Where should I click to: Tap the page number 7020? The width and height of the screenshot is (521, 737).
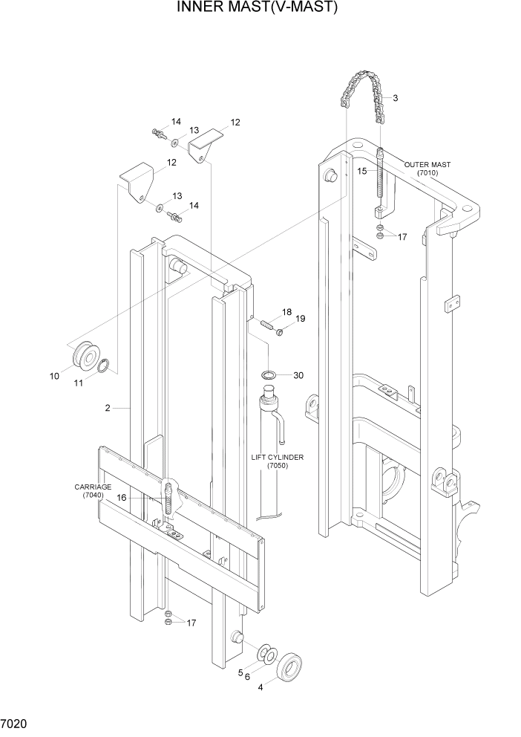[x=16, y=723]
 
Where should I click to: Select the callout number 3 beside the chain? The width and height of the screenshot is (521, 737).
[x=396, y=98]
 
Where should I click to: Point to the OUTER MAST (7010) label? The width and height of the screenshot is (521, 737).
[x=427, y=169]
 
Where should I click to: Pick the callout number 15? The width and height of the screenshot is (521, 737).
[x=362, y=171]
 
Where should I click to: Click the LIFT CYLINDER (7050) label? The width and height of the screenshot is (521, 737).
[x=278, y=461]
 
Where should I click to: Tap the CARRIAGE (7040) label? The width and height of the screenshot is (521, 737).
[x=93, y=491]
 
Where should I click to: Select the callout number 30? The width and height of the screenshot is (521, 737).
[x=298, y=375]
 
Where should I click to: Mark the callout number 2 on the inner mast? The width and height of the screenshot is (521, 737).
[x=108, y=408]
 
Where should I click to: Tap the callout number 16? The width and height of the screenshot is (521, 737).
[x=122, y=499]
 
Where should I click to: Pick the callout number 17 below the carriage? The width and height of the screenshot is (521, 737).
[x=191, y=623]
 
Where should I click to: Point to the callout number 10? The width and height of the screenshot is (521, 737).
[x=54, y=376]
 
